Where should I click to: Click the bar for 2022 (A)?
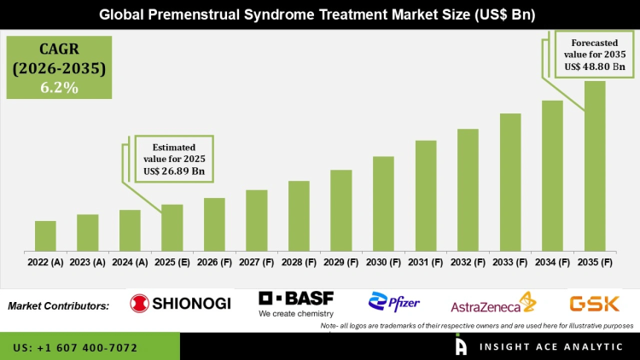coord(45,236)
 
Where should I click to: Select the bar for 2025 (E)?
coord(172,228)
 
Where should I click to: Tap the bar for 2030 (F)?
coord(383,204)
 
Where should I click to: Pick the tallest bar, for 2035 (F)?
coord(595,166)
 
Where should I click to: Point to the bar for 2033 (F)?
coord(510,183)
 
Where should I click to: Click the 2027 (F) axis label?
coord(257,263)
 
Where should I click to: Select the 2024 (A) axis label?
coord(130,263)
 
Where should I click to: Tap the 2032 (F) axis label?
coord(468,263)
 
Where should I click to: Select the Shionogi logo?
coord(180,303)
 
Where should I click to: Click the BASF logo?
coord(296,304)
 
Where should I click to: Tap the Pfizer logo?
coord(394,303)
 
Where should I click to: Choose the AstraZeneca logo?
coord(492,304)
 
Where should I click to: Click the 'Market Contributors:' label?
coord(59,305)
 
